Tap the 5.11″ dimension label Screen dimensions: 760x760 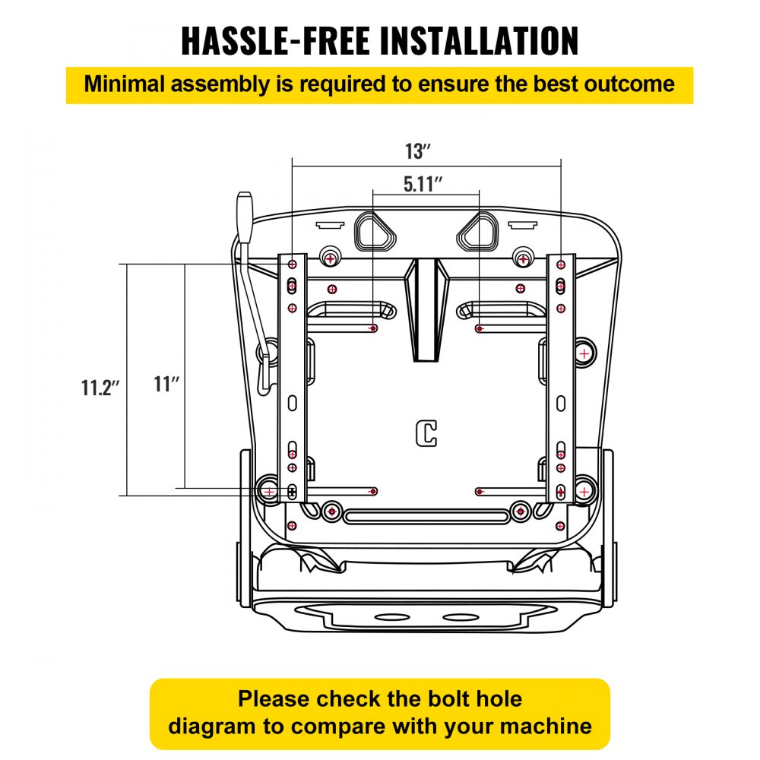(x=423, y=183)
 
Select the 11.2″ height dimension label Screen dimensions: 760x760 (x=100, y=388)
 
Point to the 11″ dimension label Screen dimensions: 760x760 (x=166, y=385)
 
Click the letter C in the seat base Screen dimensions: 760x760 (x=426, y=432)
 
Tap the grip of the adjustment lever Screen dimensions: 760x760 (x=245, y=218)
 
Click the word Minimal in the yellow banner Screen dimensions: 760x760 (x=125, y=84)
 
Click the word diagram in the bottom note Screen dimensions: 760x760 (x=207, y=725)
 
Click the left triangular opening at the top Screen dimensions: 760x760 (x=375, y=230)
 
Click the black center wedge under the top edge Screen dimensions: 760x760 (x=426, y=308)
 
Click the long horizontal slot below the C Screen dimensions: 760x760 (x=426, y=517)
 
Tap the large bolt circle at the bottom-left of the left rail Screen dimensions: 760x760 (x=269, y=491)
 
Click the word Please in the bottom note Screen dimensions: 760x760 (x=274, y=698)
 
